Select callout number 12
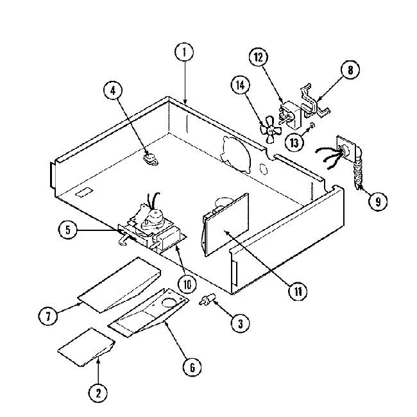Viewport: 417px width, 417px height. [258, 58]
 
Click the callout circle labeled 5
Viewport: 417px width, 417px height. [67, 229]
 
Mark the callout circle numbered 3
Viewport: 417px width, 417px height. [239, 325]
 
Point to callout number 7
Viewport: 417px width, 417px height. [49, 315]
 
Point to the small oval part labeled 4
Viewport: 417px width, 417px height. [149, 155]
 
